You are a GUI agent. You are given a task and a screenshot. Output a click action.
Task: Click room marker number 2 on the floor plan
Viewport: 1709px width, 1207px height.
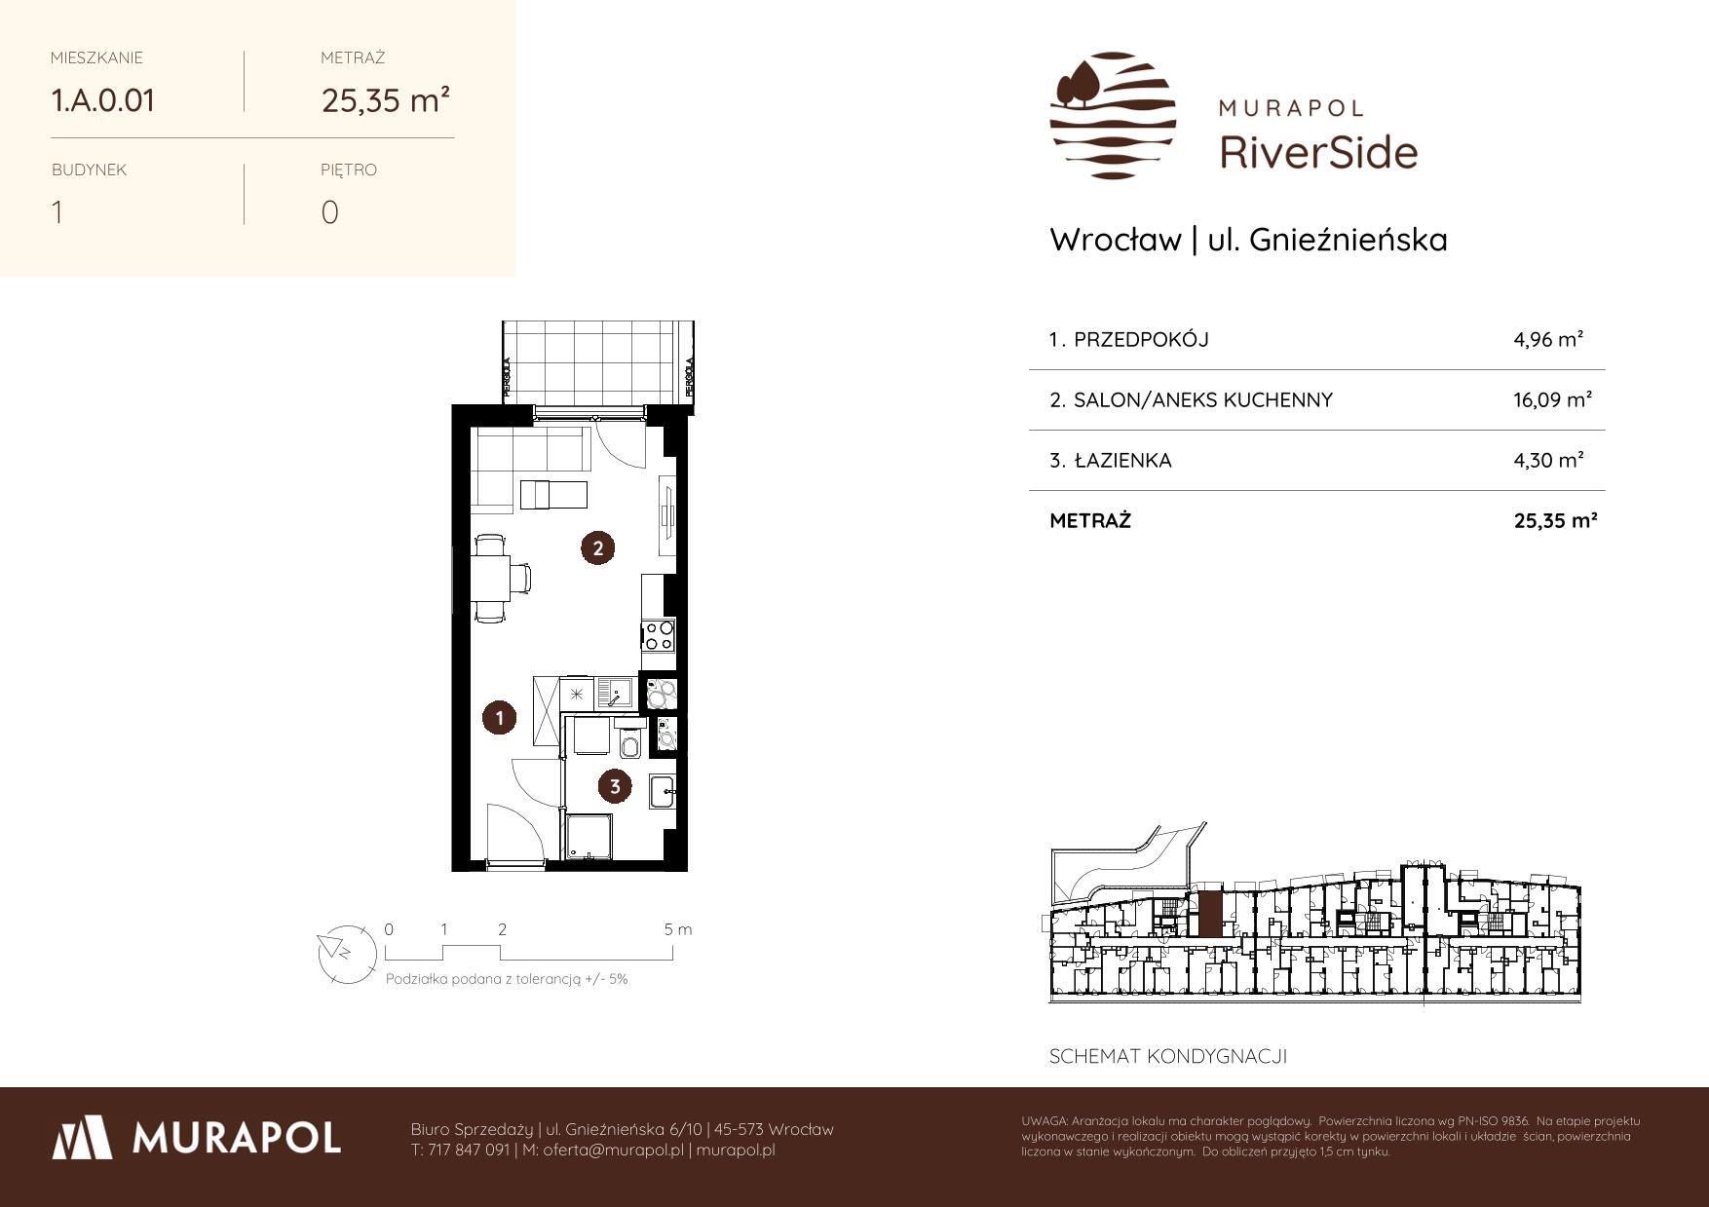(x=597, y=547)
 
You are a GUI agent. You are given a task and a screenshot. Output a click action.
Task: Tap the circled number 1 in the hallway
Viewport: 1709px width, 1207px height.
(x=499, y=719)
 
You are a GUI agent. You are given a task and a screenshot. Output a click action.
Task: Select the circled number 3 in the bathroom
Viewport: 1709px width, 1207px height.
(x=614, y=785)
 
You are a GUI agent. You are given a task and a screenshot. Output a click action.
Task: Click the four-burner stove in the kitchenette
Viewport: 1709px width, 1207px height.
(x=658, y=635)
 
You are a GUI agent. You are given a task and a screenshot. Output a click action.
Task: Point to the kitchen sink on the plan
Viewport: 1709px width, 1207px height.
(x=614, y=693)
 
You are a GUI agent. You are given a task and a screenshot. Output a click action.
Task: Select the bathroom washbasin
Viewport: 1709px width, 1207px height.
(x=663, y=791)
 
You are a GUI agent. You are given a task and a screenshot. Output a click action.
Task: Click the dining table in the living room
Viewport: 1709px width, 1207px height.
(x=490, y=579)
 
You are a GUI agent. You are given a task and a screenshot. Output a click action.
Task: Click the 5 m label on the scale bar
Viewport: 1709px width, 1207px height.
(x=678, y=929)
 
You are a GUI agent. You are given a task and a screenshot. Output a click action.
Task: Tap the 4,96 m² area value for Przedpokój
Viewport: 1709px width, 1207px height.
(x=1548, y=339)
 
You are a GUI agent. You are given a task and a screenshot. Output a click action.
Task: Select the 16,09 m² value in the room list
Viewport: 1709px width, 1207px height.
(x=1552, y=399)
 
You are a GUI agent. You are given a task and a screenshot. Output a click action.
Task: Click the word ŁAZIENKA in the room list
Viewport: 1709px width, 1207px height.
(x=1122, y=461)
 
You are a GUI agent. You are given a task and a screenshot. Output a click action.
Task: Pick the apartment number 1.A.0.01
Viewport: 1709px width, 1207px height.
(x=102, y=100)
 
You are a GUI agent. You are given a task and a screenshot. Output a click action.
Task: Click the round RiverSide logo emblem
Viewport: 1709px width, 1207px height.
(x=1113, y=115)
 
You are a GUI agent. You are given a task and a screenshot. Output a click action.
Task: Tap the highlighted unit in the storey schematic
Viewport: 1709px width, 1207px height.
(x=1209, y=915)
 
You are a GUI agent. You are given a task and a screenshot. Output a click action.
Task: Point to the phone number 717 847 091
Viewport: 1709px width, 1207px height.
(x=469, y=1150)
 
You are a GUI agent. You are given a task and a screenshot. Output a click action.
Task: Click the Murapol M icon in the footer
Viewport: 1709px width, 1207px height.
(x=84, y=1137)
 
